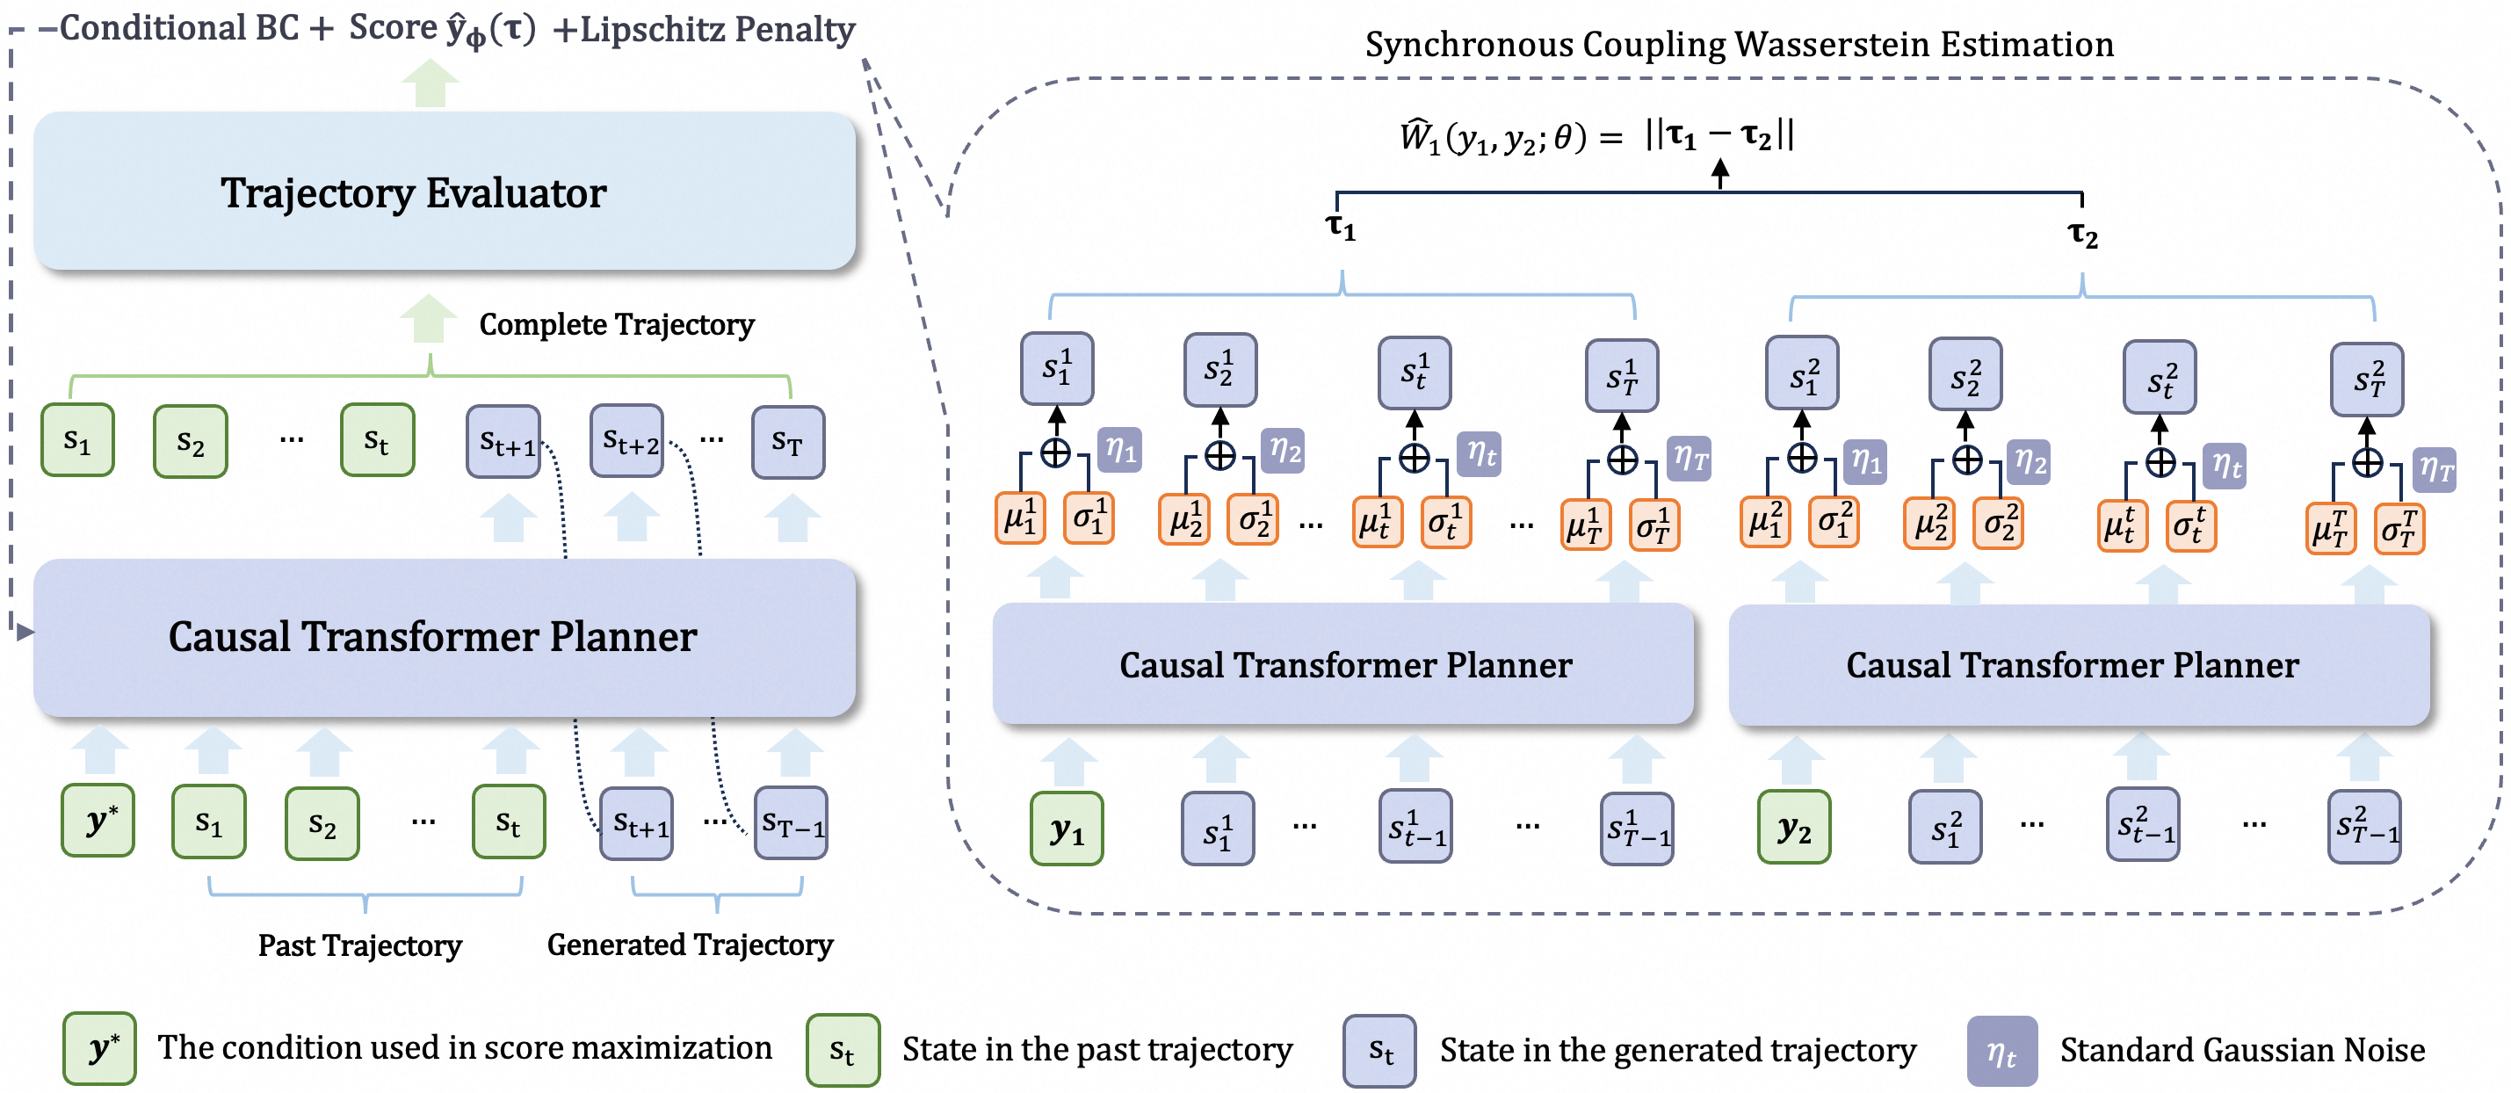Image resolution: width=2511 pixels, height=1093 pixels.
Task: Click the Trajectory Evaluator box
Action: point(444,192)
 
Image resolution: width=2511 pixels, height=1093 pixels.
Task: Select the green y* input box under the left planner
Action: point(98,821)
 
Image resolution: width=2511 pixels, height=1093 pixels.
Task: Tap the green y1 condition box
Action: point(1067,829)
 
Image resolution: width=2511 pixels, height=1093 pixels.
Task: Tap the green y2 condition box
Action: point(1793,829)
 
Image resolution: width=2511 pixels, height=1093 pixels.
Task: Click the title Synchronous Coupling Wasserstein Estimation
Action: point(1738,44)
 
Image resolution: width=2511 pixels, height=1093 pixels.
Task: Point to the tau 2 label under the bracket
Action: point(2082,234)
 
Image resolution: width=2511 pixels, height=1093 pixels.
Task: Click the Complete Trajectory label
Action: point(616,325)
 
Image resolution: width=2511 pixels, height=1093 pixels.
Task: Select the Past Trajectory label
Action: point(359,945)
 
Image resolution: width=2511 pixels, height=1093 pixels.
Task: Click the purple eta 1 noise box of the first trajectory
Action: point(1120,451)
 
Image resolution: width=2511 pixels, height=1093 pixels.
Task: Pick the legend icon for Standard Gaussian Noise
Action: point(2001,1051)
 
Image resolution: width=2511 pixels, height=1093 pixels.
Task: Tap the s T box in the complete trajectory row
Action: point(787,443)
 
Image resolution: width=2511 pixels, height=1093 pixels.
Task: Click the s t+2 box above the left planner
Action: point(626,442)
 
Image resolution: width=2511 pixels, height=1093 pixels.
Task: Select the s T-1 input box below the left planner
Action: point(791,824)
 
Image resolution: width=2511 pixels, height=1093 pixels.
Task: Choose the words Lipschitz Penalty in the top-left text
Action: point(718,29)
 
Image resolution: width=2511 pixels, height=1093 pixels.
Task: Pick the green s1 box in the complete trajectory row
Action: point(77,441)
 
